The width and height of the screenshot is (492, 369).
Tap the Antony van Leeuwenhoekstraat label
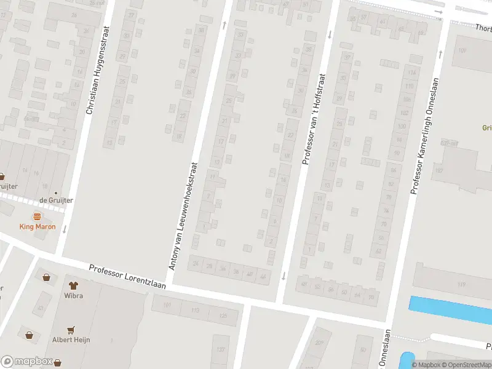pyautogui.click(x=184, y=216)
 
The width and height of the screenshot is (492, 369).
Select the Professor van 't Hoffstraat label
pyautogui.click(x=313, y=120)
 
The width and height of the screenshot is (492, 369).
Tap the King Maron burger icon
pyautogui.click(x=37, y=216)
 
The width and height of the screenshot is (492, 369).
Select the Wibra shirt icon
pyautogui.click(x=74, y=285)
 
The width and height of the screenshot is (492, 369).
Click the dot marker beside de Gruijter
pyautogui.click(x=56, y=193)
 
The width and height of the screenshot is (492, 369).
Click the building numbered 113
pyautogui.click(x=196, y=311)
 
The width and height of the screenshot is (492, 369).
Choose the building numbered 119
pyautogui.click(x=461, y=284)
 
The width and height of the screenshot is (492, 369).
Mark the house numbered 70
pyautogui.click(x=383, y=224)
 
